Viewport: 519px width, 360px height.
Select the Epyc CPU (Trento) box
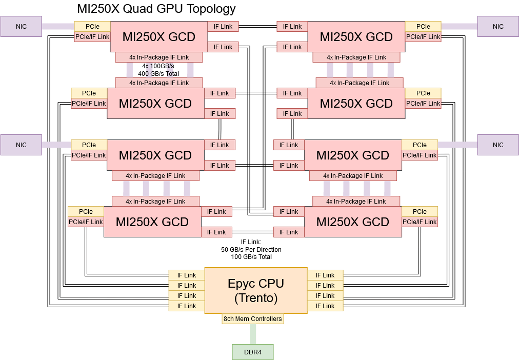[255, 290]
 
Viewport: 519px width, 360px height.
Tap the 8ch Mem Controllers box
[253, 319]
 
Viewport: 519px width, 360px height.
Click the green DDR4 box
[252, 352]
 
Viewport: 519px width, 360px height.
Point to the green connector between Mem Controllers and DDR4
[253, 334]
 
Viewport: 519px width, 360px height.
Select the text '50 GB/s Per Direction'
[251, 250]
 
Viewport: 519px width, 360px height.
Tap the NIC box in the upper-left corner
[21, 26]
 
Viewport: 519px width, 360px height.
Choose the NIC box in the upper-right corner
[498, 26]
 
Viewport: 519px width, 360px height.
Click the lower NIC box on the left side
[21, 145]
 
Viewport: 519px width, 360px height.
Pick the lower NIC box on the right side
[498, 145]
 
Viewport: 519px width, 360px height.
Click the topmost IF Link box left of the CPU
[187, 275]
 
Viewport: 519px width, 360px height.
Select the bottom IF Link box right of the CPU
[325, 306]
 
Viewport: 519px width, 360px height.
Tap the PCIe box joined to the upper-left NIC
[92, 26]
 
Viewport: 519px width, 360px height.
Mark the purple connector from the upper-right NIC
[459, 26]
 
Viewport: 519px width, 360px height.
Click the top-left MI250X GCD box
[158, 37]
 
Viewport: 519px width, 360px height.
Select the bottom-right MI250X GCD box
[352, 222]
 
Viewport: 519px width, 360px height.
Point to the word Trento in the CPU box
[255, 297]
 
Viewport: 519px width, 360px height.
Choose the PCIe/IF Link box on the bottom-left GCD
[86, 222]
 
